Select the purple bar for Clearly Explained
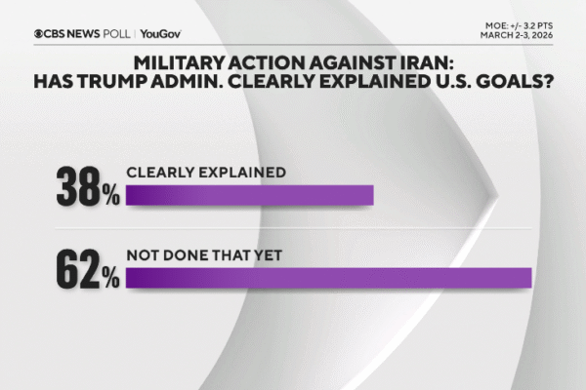(250, 195)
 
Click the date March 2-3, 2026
(523, 37)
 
